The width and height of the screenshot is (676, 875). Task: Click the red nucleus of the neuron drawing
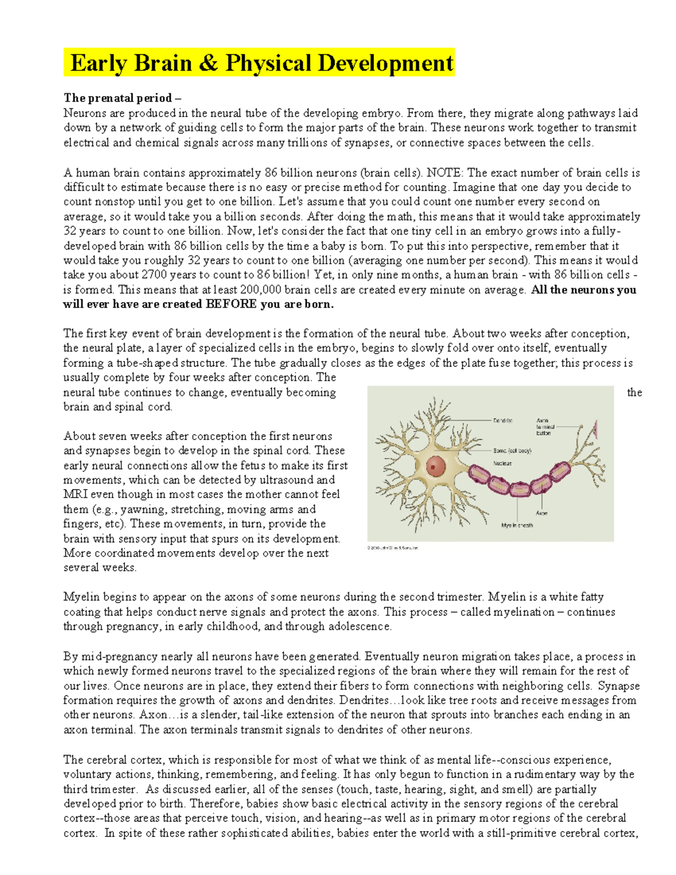click(435, 465)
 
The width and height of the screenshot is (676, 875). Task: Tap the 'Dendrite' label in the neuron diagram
click(503, 421)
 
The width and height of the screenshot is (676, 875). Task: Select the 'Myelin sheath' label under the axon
click(517, 525)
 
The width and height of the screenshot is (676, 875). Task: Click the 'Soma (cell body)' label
click(512, 451)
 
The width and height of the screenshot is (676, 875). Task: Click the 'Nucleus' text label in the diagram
click(502, 463)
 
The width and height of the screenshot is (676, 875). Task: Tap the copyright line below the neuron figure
click(393, 548)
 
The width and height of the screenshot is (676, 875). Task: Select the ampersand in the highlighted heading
click(208, 63)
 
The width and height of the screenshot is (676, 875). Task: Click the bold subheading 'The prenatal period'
click(118, 98)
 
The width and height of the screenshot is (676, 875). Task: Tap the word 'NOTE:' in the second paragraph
click(444, 172)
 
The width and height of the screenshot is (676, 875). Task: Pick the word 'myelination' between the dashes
click(524, 612)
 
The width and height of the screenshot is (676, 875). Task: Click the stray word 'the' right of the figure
click(634, 392)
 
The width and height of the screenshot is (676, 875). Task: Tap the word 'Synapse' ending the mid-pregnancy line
click(619, 686)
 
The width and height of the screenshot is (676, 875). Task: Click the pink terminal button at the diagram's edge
click(595, 429)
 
